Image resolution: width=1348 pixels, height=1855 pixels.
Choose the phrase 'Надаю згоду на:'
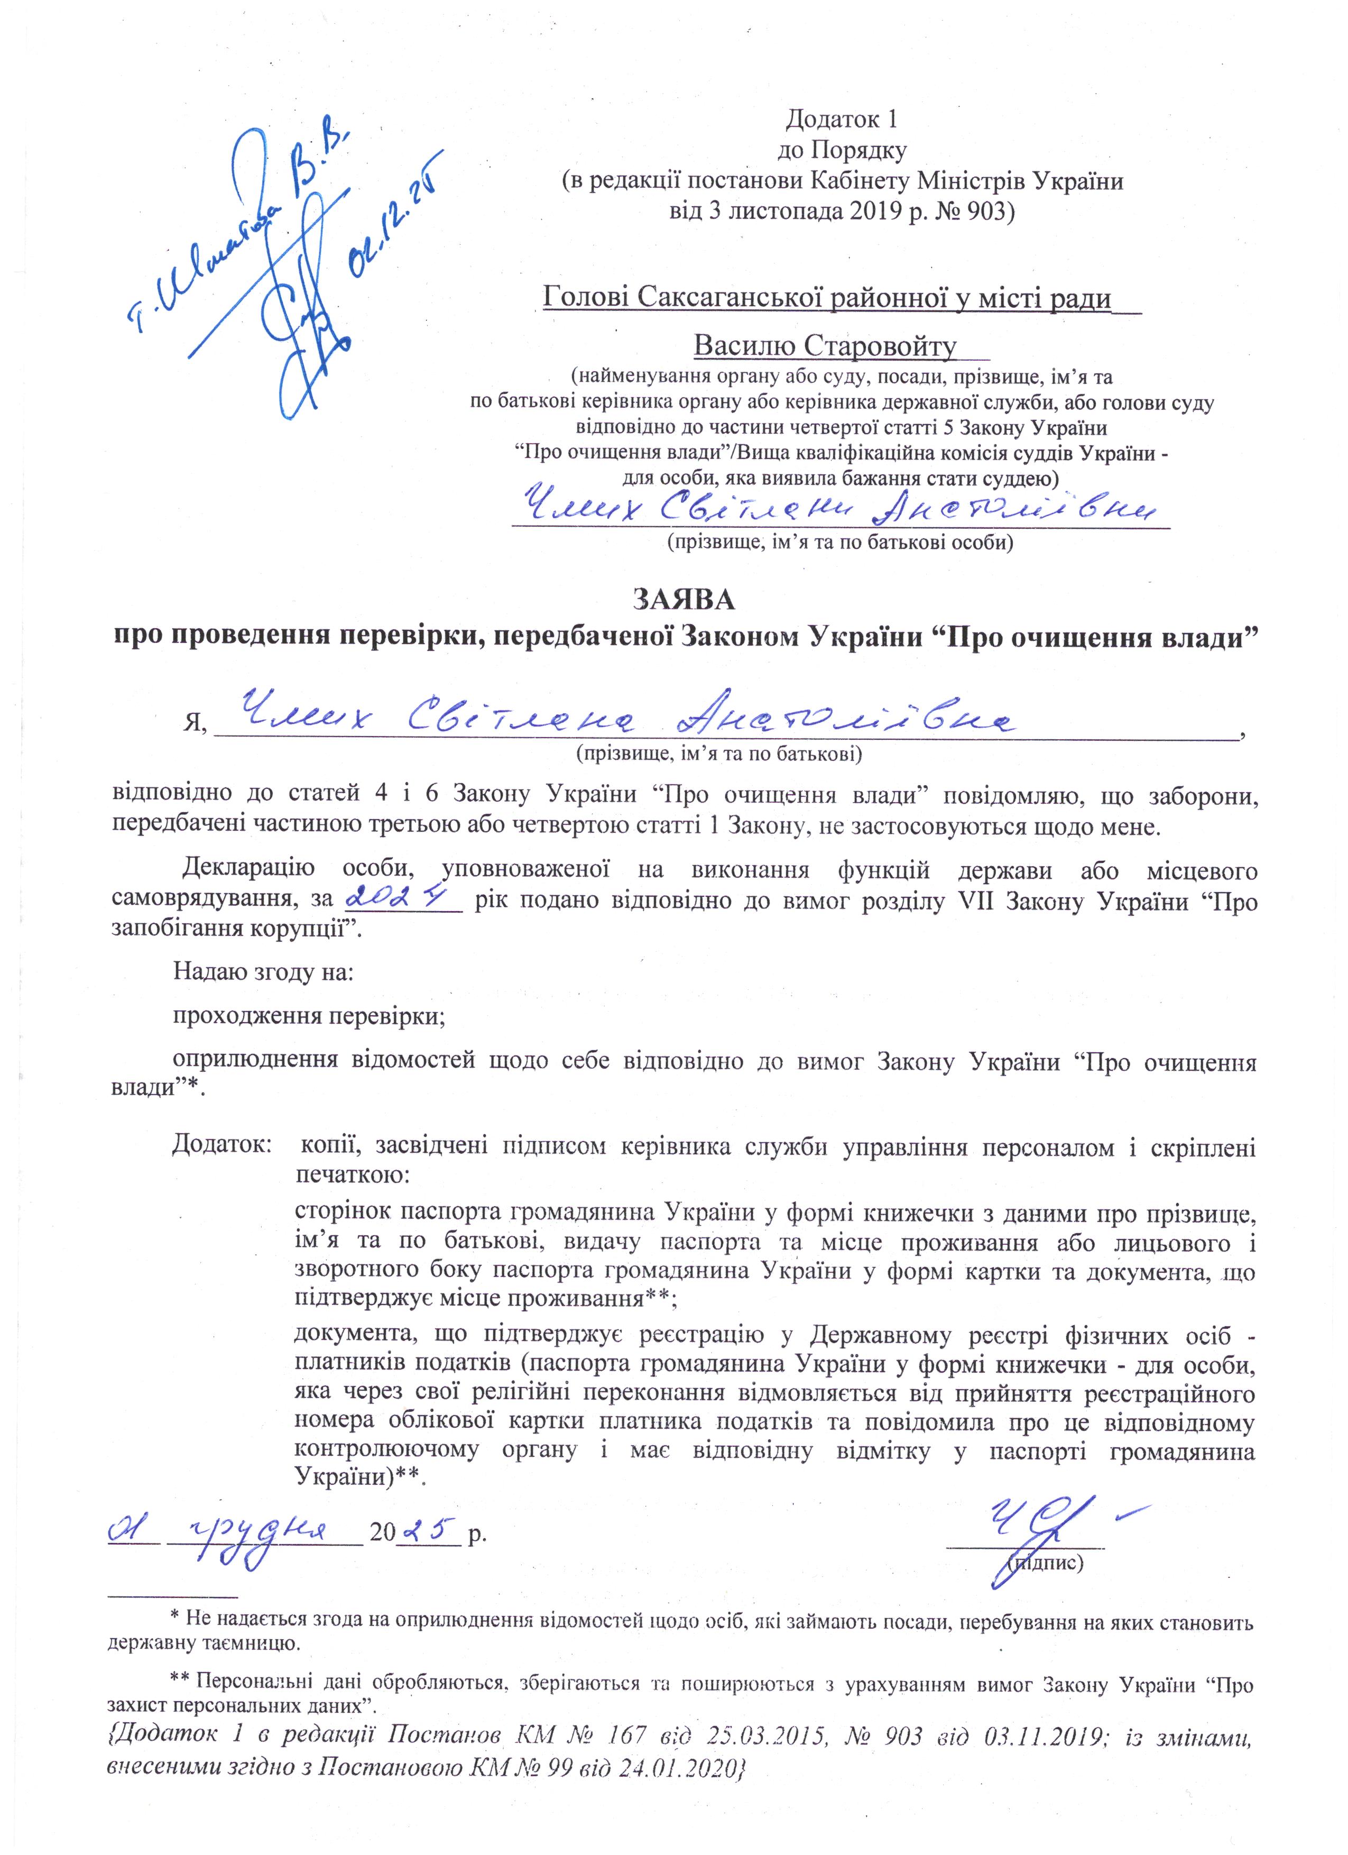coord(263,972)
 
